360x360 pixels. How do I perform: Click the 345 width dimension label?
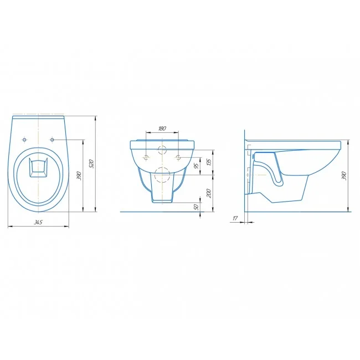click(x=38, y=222)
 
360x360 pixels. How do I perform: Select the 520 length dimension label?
click(x=91, y=163)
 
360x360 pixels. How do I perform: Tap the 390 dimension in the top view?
click(x=79, y=176)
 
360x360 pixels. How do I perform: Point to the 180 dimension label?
click(x=162, y=128)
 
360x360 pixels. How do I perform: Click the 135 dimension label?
click(x=209, y=162)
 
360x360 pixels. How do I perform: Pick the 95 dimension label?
click(x=196, y=166)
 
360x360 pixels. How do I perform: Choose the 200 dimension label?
click(x=209, y=193)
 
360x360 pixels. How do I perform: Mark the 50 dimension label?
click(x=196, y=207)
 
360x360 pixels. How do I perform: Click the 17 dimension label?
click(x=235, y=218)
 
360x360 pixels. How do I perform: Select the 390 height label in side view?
click(x=344, y=176)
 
